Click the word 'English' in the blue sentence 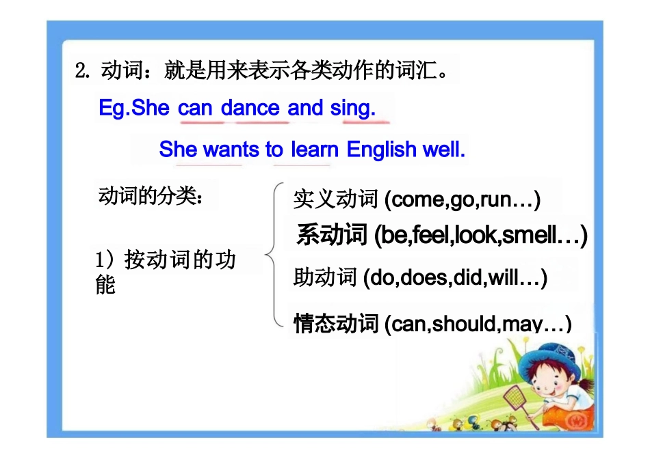click(383, 150)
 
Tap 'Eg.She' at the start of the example click(134, 108)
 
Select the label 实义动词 click(335, 199)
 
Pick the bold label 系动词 click(333, 236)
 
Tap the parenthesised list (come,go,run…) click(463, 199)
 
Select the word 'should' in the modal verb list click(464, 323)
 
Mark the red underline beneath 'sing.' click(366, 123)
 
